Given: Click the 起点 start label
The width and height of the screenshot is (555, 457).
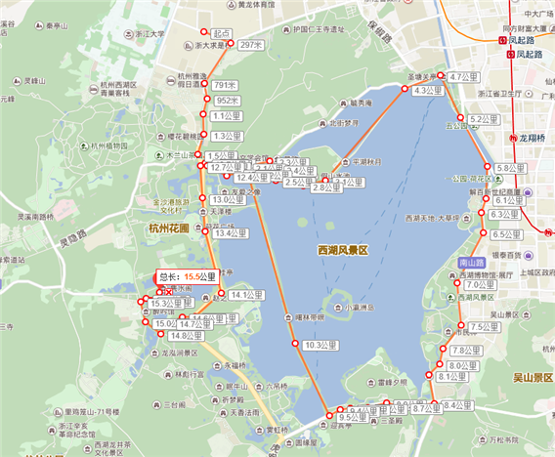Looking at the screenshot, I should click(221, 33).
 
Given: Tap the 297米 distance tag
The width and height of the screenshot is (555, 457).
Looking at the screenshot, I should click(251, 45).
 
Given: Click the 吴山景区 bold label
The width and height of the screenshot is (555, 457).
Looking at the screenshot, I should click(533, 376).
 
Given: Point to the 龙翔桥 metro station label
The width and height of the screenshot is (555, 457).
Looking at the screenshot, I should click(536, 139).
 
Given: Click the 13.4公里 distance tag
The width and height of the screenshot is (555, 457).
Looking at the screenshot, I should click(233, 234).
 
